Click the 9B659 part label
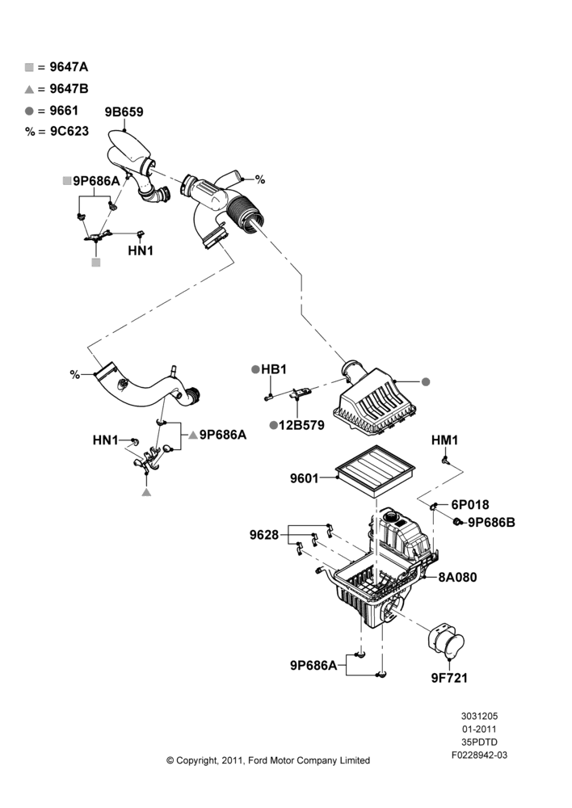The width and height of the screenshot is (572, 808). tap(124, 112)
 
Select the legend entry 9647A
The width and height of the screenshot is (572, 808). tap(57, 66)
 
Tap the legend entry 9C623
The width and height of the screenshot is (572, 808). tap(57, 131)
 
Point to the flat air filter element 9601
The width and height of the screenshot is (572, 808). tap(375, 471)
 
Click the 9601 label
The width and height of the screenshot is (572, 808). tap(304, 478)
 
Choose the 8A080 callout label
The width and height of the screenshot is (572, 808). tap(457, 577)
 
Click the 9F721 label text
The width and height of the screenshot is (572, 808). tap(449, 678)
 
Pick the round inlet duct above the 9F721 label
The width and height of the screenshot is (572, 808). tap(446, 641)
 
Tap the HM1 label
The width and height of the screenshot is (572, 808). tap(444, 440)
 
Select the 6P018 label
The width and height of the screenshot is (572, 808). tap(470, 504)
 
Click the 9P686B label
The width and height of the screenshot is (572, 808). tap(491, 522)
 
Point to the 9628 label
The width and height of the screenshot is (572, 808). tap(264, 535)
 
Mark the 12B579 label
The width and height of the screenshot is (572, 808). tap(301, 425)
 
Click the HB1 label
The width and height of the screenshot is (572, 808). tap(274, 369)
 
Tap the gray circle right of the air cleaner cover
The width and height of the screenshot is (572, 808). tap(426, 382)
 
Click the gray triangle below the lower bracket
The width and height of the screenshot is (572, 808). tap(146, 493)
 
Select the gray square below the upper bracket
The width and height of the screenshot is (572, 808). tap(96, 263)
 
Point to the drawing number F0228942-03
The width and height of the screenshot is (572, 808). tap(479, 755)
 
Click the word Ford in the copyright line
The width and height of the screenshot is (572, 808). tap(257, 760)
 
